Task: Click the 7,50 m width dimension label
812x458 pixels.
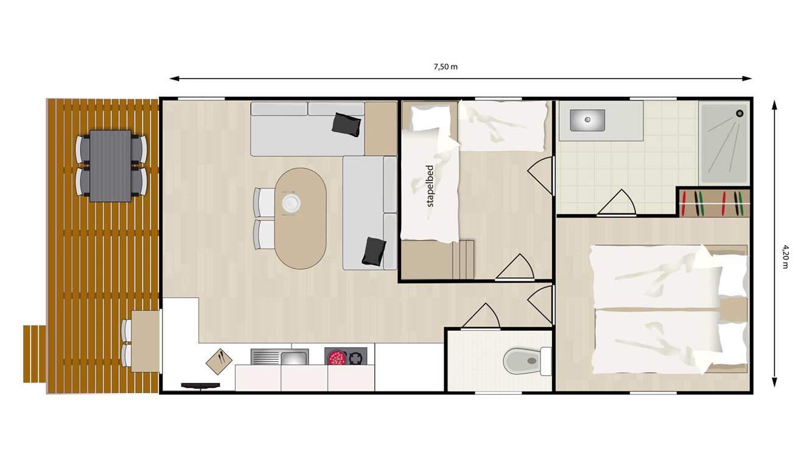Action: (446, 66)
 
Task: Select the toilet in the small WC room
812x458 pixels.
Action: (525, 361)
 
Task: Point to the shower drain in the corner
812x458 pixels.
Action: (740, 113)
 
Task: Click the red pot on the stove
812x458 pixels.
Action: (336, 358)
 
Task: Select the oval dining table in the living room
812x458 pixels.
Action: (300, 217)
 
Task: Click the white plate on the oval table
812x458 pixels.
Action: (291, 202)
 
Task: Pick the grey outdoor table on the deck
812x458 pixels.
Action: (110, 165)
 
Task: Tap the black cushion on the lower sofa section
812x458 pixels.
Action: (373, 252)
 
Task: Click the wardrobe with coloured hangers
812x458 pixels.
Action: (713, 203)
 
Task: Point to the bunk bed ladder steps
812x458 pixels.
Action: (466, 259)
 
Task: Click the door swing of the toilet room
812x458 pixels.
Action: (483, 315)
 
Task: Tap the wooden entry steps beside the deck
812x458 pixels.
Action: (35, 354)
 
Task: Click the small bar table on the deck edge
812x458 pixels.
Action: (146, 341)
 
